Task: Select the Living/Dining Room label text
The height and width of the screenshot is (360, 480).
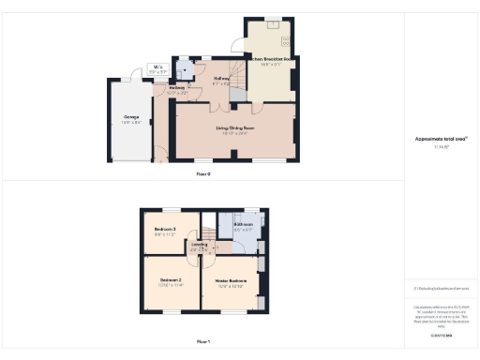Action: click(x=237, y=128)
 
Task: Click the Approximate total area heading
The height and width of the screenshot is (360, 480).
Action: click(x=441, y=139)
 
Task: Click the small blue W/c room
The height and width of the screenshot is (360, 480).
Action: click(x=184, y=69)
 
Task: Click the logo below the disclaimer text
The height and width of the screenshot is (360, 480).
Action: click(x=441, y=335)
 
